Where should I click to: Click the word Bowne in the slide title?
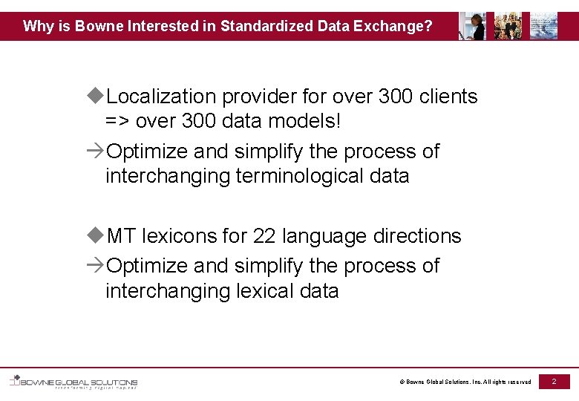click(96, 27)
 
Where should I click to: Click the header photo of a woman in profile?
click(472, 26)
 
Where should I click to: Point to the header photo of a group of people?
click(508, 26)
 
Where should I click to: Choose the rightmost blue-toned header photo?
click(543, 26)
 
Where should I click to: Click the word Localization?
click(161, 97)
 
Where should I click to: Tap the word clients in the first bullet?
click(448, 97)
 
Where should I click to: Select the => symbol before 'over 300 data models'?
click(118, 121)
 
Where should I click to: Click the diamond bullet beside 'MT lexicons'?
click(94, 235)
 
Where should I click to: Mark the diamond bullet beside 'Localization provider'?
click(94, 96)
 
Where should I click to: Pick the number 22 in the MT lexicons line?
click(264, 236)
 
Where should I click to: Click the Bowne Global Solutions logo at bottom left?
click(73, 382)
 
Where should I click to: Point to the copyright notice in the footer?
click(465, 382)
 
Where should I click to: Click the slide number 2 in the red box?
click(554, 381)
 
